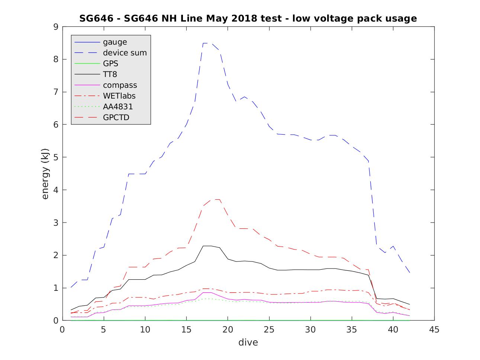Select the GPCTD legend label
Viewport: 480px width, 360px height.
pos(116,118)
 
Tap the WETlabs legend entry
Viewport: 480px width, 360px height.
pos(119,96)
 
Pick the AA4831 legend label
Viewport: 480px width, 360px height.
pos(118,107)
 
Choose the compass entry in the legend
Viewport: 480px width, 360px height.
pos(120,85)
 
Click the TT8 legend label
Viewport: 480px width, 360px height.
pos(110,74)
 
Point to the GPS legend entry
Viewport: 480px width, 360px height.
pos(110,64)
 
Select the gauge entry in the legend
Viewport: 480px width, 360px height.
pos(115,42)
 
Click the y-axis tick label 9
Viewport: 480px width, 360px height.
pos(56,27)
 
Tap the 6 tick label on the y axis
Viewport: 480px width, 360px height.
pos(56,125)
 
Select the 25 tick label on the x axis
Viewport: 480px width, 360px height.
pos(269,330)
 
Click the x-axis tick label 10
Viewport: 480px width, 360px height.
pos(145,330)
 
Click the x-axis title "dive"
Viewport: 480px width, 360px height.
pos(248,342)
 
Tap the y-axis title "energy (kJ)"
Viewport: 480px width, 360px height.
pos(45,173)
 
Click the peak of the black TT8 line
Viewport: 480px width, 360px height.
pos(207,246)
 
